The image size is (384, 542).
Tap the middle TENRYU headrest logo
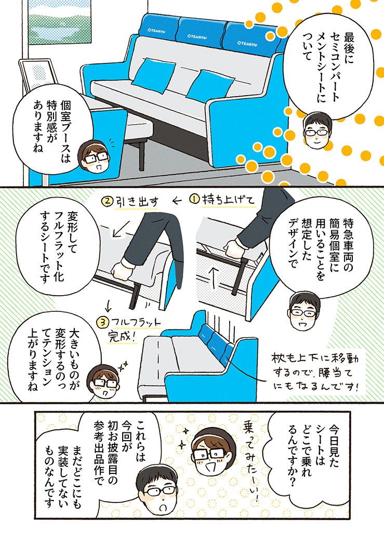196,36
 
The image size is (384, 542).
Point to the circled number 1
195,200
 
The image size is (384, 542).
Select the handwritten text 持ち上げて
228,200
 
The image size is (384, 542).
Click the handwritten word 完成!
121,336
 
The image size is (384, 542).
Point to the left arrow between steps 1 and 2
177,201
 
